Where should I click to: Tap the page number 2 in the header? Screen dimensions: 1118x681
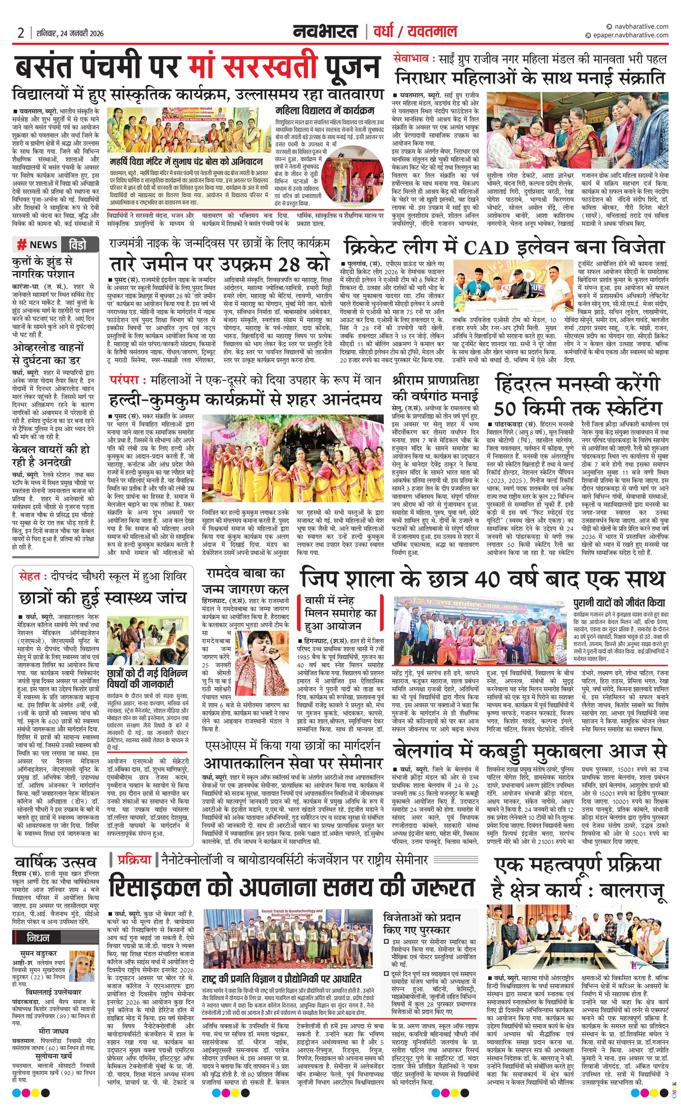pos(20,33)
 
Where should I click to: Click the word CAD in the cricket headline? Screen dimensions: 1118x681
pos(486,248)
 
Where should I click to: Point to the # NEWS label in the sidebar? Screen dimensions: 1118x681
pos(38,245)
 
